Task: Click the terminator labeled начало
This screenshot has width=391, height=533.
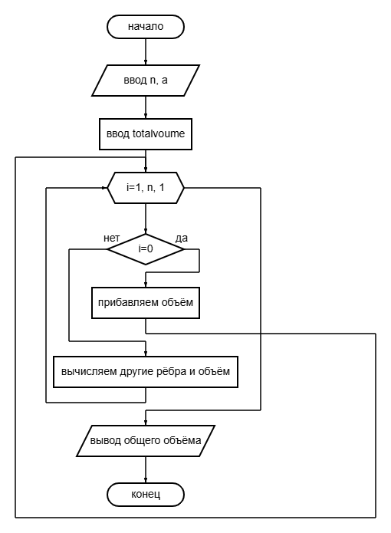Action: (x=146, y=27)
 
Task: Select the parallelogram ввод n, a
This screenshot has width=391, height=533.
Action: (x=146, y=81)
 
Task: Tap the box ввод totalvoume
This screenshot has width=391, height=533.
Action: (x=146, y=134)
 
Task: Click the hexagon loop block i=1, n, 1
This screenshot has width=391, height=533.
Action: (x=146, y=188)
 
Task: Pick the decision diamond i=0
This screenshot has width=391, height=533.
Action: (x=146, y=249)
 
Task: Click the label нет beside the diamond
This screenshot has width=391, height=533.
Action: (x=111, y=239)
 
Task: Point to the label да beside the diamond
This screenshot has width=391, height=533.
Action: (x=182, y=239)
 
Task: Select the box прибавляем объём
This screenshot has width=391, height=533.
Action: (x=146, y=303)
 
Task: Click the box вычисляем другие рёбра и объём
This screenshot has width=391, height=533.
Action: (x=146, y=371)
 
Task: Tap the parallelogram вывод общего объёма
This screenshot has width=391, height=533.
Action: (x=146, y=440)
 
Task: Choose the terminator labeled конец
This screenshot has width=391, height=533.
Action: (x=146, y=495)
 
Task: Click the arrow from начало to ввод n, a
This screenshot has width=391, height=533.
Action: (x=146, y=51)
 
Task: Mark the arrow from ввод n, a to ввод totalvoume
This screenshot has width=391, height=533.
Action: (x=146, y=107)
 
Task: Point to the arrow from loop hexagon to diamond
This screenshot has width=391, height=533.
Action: (x=146, y=219)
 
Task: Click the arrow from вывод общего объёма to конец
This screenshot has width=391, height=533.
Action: (x=146, y=470)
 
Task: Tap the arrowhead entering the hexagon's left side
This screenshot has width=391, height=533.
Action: (x=105, y=188)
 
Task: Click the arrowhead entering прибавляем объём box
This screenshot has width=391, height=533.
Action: (x=146, y=285)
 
